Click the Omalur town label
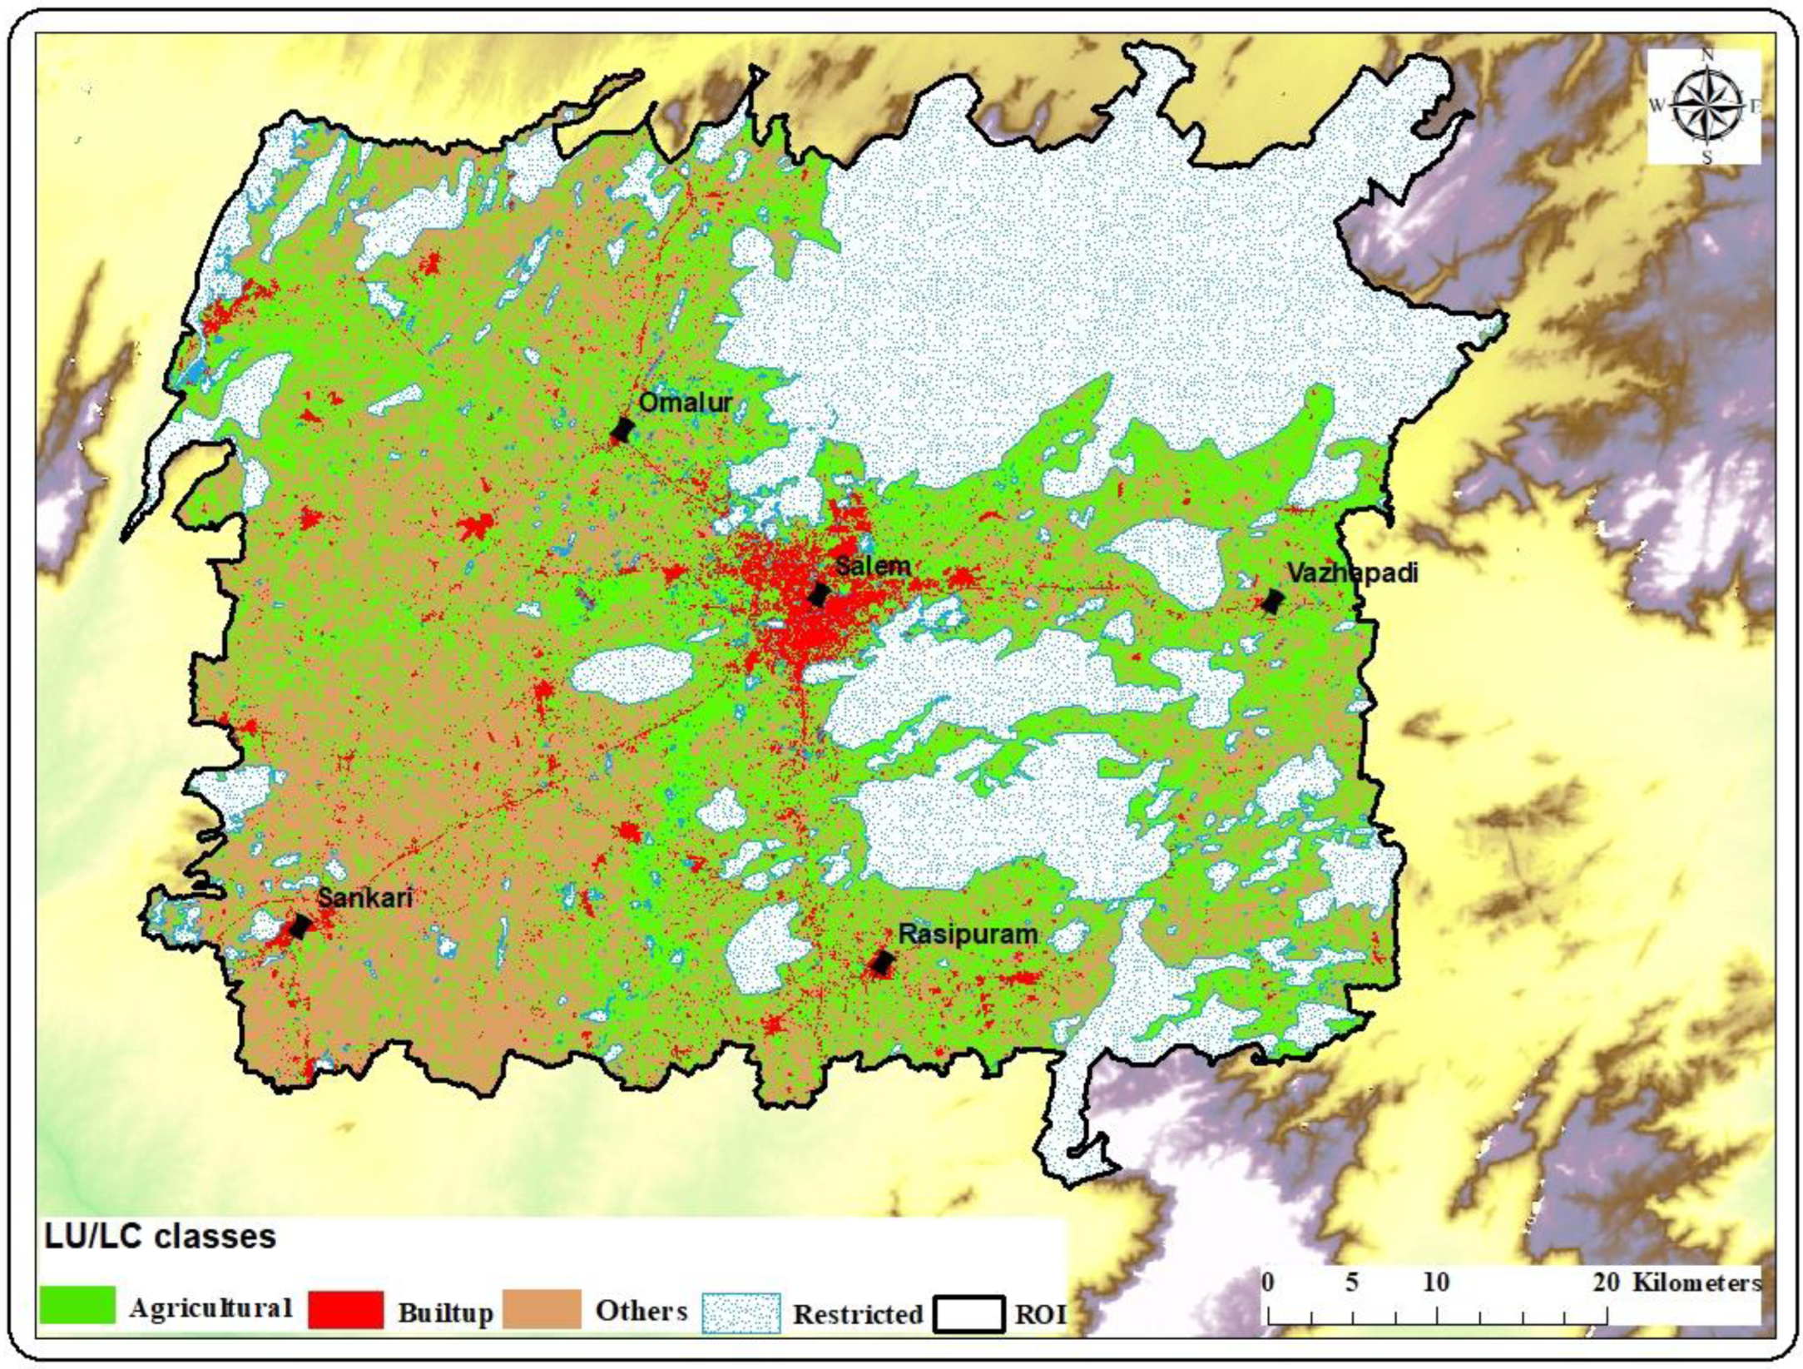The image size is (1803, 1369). pyautogui.click(x=685, y=403)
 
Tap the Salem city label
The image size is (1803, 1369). pyautogui.click(x=872, y=567)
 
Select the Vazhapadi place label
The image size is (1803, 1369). pyautogui.click(x=1352, y=573)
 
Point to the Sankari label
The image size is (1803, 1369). pyautogui.click(x=365, y=897)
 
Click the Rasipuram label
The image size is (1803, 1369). pyautogui.click(x=968, y=935)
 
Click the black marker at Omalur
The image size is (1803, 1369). pyautogui.click(x=622, y=430)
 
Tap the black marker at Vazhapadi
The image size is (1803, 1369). pyautogui.click(x=1271, y=601)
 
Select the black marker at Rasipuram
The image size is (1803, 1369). pyautogui.click(x=881, y=963)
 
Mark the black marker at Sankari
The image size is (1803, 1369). pyautogui.click(x=300, y=925)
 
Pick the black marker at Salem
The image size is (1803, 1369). pyautogui.click(x=819, y=594)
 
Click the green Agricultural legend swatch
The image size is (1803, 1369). pyautogui.click(x=77, y=1305)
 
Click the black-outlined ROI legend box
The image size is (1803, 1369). pyautogui.click(x=968, y=1313)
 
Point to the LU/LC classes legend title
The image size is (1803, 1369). pyautogui.click(x=160, y=1237)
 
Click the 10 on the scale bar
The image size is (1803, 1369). pyautogui.click(x=1436, y=1282)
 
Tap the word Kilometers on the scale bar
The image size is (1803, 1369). pyautogui.click(x=1697, y=1282)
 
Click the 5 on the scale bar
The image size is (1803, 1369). pyautogui.click(x=1352, y=1282)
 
